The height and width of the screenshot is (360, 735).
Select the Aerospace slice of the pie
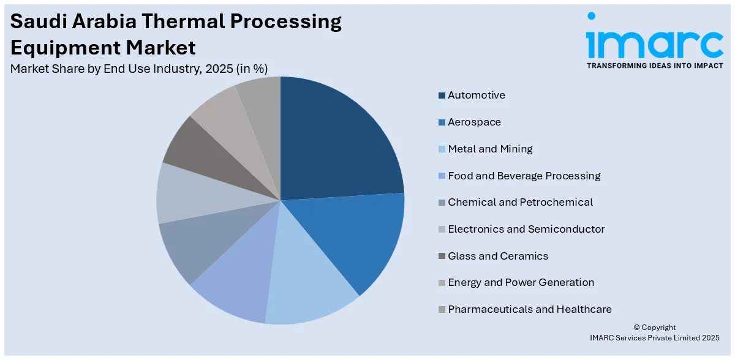click(352, 239)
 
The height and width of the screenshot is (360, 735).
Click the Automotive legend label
click(476, 95)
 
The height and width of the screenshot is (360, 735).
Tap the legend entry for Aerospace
click(474, 122)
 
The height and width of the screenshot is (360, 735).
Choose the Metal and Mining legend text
click(490, 149)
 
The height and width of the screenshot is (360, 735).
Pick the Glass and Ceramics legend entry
click(497, 256)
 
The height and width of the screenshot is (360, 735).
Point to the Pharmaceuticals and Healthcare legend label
click(529, 309)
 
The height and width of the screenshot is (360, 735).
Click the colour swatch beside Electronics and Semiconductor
click(442, 230)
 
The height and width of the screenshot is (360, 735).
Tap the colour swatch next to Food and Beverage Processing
click(442, 176)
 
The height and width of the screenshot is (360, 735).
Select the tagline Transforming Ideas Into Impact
click(654, 66)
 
